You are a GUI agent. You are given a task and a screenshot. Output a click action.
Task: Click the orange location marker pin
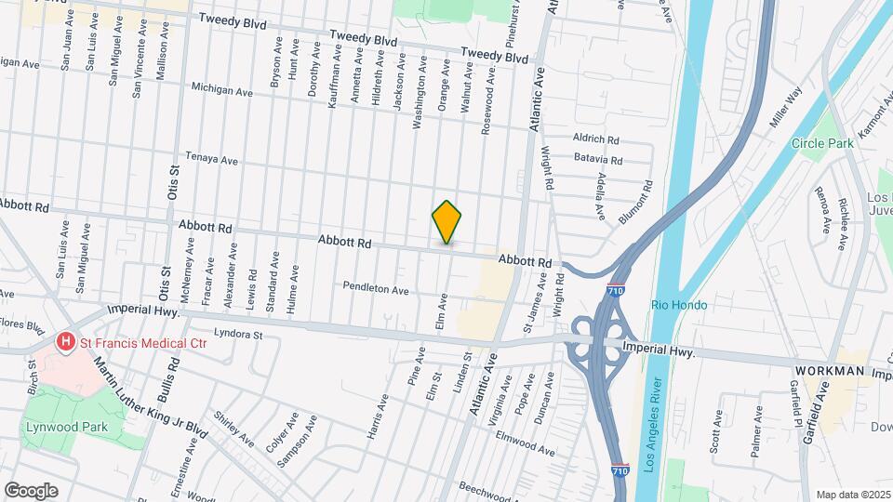(447, 222)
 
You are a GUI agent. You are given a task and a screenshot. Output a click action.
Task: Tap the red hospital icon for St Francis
(66, 343)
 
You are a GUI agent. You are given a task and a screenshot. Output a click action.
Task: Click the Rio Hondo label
(679, 305)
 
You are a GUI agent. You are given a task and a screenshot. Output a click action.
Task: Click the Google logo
(31, 490)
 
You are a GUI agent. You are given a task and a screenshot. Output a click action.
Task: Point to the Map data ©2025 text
(852, 495)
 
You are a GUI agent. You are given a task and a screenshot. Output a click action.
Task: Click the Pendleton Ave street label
(376, 290)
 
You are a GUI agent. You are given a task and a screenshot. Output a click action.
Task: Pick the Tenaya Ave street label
(211, 159)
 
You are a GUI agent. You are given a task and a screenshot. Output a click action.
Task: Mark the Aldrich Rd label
(596, 139)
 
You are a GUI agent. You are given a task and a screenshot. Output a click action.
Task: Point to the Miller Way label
(784, 109)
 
